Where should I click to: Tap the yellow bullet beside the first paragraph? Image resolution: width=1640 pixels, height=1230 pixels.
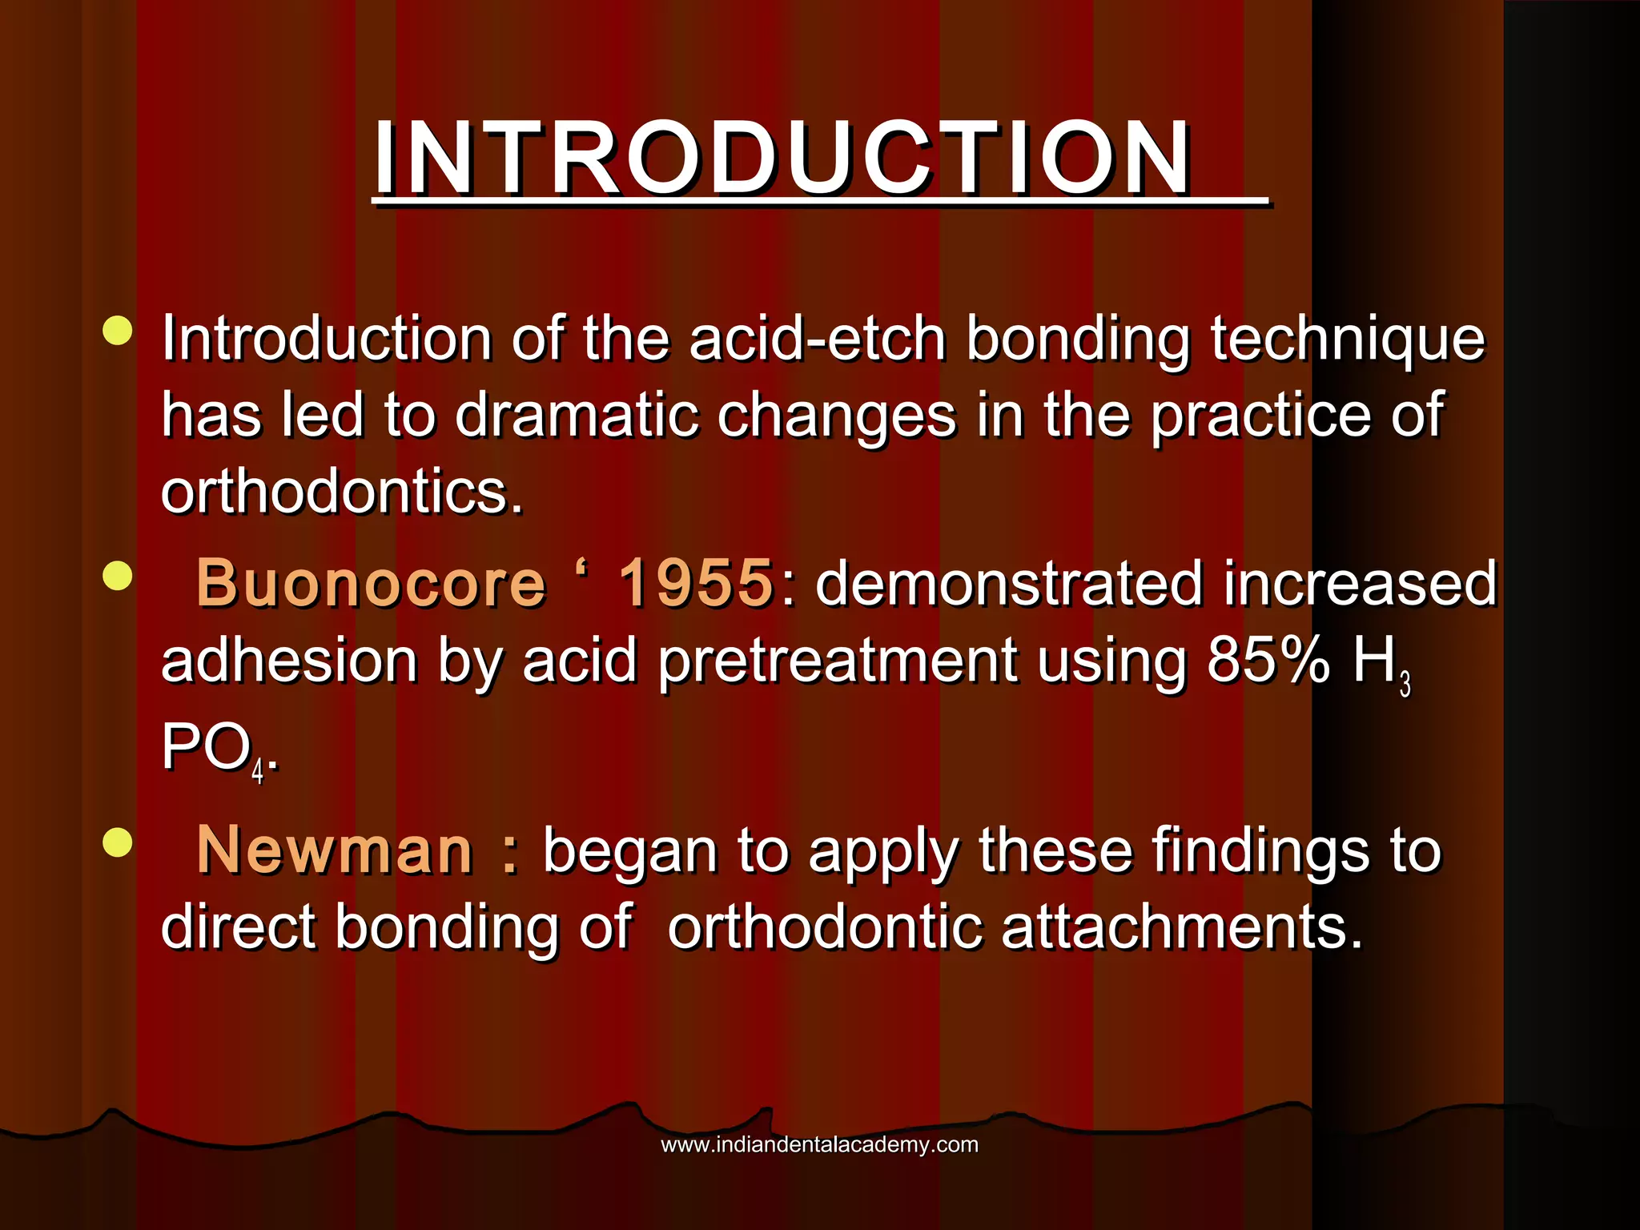[x=118, y=331]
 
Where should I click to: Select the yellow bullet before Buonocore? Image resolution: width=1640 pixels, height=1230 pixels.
[x=118, y=575]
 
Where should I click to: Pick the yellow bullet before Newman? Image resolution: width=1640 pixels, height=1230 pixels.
[x=118, y=842]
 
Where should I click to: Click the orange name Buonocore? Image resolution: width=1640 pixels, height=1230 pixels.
[x=371, y=583]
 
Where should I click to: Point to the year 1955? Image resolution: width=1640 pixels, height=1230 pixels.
[x=695, y=583]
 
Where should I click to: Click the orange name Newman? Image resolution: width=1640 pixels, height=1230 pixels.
[x=335, y=850]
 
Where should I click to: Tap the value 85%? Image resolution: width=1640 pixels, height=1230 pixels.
[x=1268, y=661]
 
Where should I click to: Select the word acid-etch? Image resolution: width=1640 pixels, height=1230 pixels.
[x=818, y=339]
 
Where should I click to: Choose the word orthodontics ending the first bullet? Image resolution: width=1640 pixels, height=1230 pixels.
[x=342, y=492]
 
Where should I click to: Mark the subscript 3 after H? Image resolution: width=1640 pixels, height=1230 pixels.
[x=1405, y=685]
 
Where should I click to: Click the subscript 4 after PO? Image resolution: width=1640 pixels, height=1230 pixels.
[x=258, y=772]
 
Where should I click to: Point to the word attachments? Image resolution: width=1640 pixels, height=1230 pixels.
[x=1181, y=927]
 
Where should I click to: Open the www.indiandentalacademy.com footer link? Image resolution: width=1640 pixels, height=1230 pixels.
[x=819, y=1144]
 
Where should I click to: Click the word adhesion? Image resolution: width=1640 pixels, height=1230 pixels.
[x=289, y=661]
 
